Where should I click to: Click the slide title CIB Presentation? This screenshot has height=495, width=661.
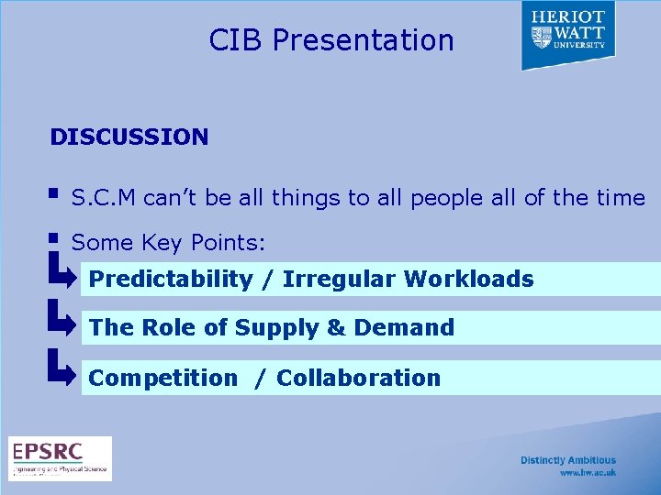click(x=331, y=40)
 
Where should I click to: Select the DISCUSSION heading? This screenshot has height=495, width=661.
click(x=129, y=137)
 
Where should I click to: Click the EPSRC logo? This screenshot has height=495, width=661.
click(x=61, y=458)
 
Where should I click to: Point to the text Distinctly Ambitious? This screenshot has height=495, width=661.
click(x=568, y=460)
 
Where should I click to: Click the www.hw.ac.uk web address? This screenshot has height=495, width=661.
click(x=588, y=473)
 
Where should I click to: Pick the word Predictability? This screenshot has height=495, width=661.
click(x=170, y=279)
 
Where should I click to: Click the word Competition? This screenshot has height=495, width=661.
click(x=162, y=378)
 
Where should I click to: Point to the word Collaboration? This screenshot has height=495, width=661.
click(x=358, y=378)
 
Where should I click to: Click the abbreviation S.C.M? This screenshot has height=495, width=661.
click(x=104, y=198)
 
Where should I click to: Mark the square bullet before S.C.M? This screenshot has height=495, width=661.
click(x=55, y=194)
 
